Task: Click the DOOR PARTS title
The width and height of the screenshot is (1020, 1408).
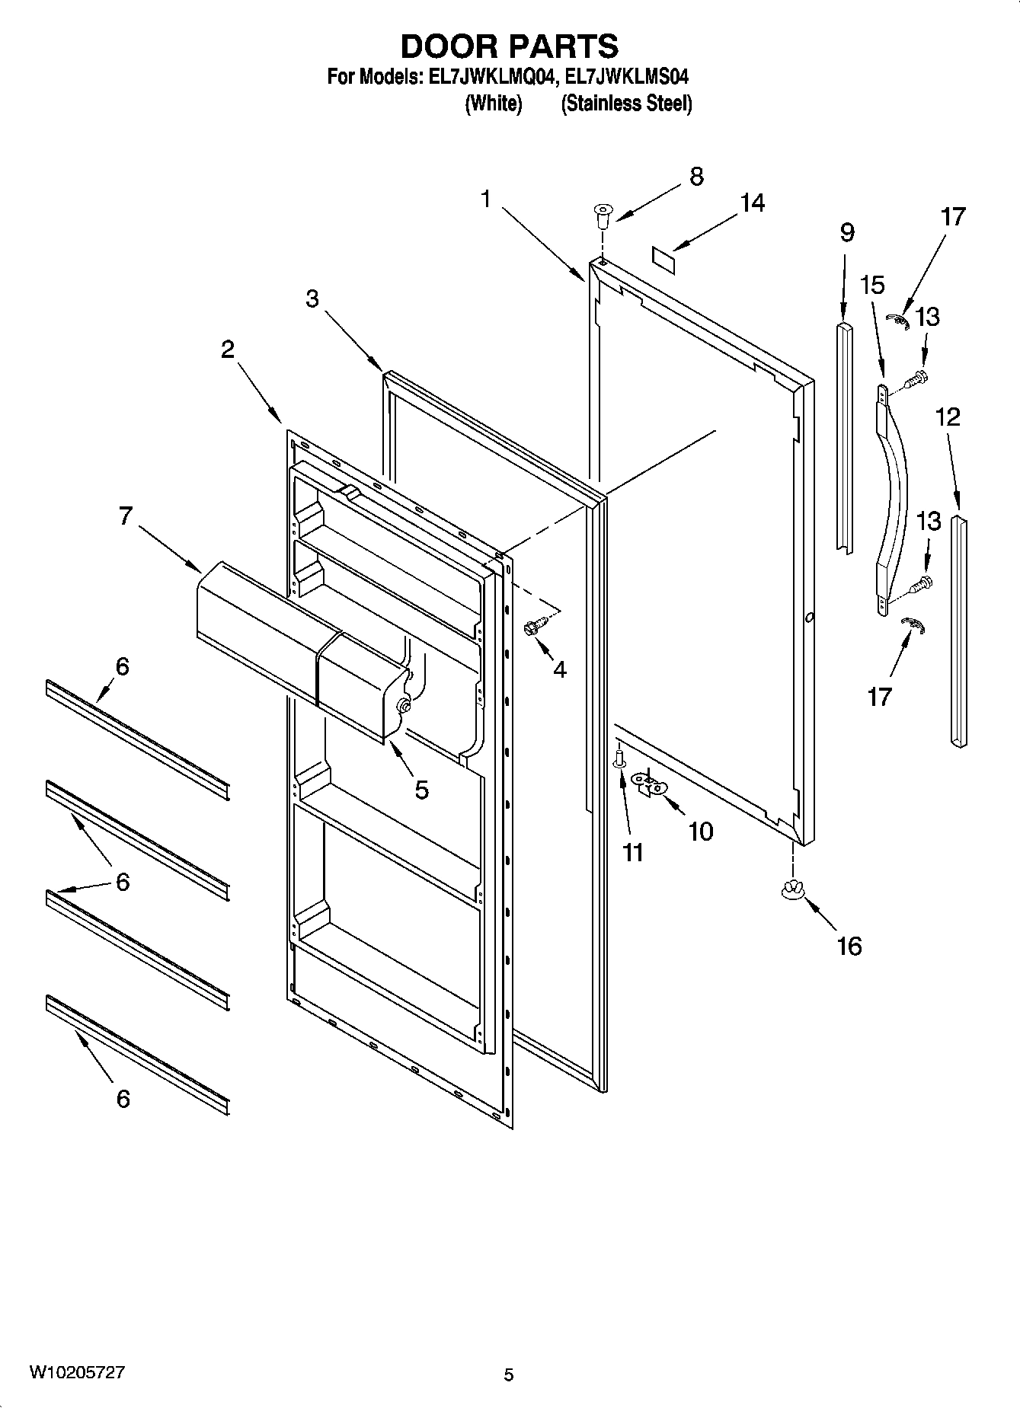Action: [509, 46]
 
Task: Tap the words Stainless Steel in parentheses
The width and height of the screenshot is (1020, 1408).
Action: [626, 104]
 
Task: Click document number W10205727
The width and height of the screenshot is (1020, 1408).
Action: [77, 1372]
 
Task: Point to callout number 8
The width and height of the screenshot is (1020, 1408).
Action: [696, 177]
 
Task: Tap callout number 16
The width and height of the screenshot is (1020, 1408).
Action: [849, 946]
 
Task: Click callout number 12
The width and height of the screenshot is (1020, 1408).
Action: [948, 417]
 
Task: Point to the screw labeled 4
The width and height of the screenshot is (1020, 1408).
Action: [532, 629]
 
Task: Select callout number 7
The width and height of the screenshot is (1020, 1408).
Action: [126, 516]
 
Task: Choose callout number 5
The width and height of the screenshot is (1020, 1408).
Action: [421, 790]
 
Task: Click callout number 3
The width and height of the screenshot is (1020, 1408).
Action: [312, 299]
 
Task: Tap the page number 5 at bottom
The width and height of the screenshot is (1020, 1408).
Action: [509, 1374]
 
